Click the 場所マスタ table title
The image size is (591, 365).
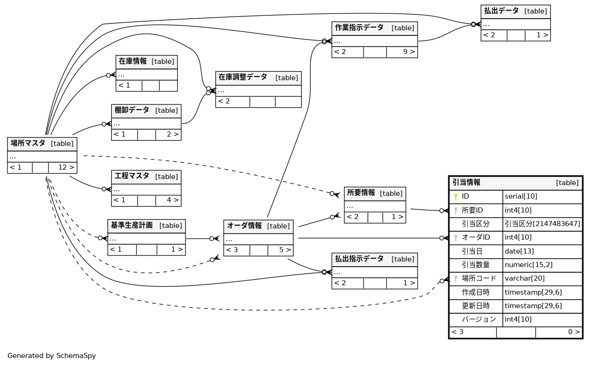click(x=28, y=144)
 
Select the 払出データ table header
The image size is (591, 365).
click(x=501, y=11)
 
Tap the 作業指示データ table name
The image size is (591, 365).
click(x=359, y=28)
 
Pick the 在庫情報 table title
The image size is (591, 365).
click(x=133, y=62)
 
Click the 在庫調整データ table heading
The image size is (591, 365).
click(x=243, y=77)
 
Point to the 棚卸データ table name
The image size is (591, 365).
click(x=132, y=110)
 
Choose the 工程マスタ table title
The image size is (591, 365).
click(x=132, y=177)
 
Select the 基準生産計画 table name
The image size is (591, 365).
click(x=131, y=226)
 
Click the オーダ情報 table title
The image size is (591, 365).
click(x=244, y=226)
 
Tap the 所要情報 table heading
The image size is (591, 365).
click(x=361, y=193)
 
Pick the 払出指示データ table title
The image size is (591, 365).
click(x=359, y=259)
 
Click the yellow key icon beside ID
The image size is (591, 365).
click(x=456, y=197)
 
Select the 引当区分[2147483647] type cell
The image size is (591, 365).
click(x=542, y=224)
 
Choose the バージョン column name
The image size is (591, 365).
click(x=479, y=319)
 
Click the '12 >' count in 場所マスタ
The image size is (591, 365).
click(x=66, y=167)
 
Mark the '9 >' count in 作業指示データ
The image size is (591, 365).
click(x=408, y=52)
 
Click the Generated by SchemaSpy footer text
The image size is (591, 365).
click(x=52, y=356)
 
